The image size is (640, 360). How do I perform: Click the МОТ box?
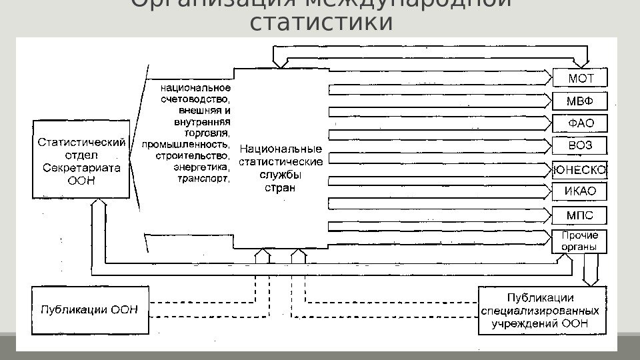click(x=580, y=78)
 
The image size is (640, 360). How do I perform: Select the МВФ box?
click(x=580, y=101)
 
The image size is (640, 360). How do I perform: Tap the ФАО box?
click(x=580, y=123)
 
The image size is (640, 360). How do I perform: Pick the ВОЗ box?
click(x=580, y=146)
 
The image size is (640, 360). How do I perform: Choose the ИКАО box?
click(x=580, y=192)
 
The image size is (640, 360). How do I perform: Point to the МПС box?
click(x=580, y=215)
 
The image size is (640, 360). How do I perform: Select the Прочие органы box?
click(x=580, y=241)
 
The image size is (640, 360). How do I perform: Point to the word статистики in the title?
click(x=320, y=22)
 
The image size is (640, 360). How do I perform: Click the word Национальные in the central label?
click(x=280, y=148)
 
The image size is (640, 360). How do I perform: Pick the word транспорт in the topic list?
click(x=203, y=179)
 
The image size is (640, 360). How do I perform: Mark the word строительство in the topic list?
click(x=193, y=156)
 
